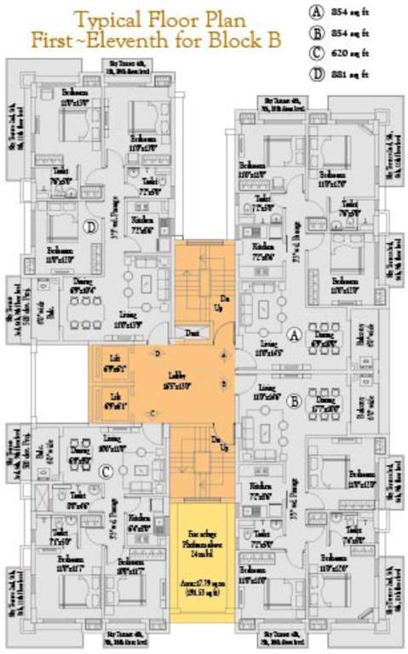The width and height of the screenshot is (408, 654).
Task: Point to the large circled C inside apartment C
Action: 105,469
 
